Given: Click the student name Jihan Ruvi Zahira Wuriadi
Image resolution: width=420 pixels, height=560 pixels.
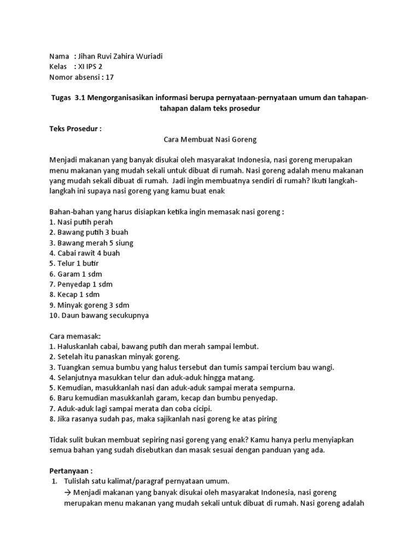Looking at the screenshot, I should coord(121,56).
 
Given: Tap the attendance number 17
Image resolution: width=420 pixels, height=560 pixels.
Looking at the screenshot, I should coord(110,77).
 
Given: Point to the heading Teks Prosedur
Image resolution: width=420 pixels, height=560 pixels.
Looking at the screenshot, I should coord(75,129).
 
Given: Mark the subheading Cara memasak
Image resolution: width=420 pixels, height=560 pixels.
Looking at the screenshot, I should coord(72,336).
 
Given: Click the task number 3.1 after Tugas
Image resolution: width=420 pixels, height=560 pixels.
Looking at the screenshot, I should coord(80,98).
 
